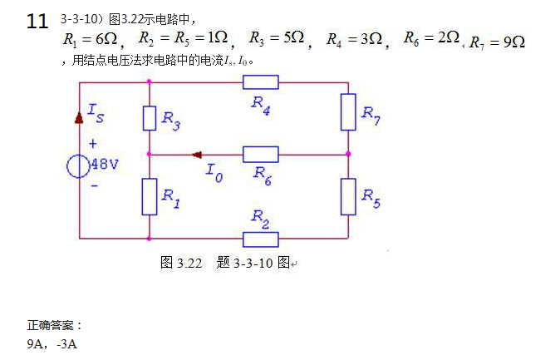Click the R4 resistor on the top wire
click(260, 81)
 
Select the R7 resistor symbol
click(348, 112)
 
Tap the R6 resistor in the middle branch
click(260, 154)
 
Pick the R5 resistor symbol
click(348, 195)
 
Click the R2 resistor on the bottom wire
click(260, 239)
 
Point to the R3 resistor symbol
click(149, 118)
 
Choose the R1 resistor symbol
click(149, 195)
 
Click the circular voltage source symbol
click(79, 165)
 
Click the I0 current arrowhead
click(197, 154)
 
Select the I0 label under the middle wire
click(214, 172)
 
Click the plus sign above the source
click(92, 143)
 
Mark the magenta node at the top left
click(149, 81)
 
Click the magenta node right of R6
click(348, 154)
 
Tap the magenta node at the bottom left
click(149, 239)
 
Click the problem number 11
click(37, 22)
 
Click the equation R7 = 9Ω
click(497, 42)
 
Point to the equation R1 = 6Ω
click(91, 40)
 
